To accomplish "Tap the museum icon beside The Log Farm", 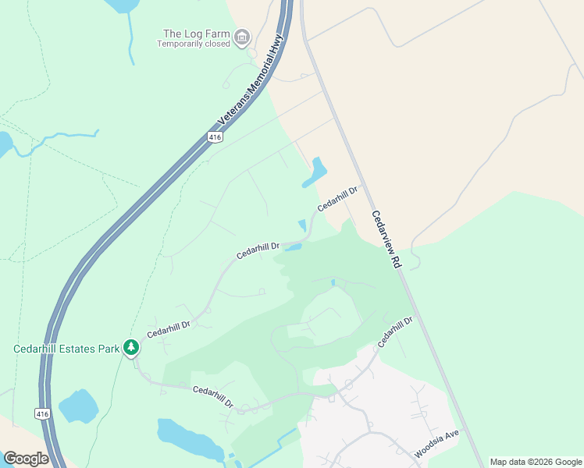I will pos(243,36).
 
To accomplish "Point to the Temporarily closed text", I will pos(194,44).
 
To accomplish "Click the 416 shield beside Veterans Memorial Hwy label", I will pos(215,137).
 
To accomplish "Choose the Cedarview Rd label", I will pos(385,240).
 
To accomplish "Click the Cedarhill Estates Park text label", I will pos(66,349).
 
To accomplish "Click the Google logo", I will pos(26,458).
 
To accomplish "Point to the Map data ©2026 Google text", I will pos(536,462).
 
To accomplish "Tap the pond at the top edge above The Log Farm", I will pos(122,5).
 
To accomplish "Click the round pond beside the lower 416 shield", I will pos(78,406).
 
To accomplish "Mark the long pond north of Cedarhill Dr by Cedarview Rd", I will pos(315,172).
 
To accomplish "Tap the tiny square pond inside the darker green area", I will pos(333,282).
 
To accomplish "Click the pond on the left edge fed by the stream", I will pos(5,144).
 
